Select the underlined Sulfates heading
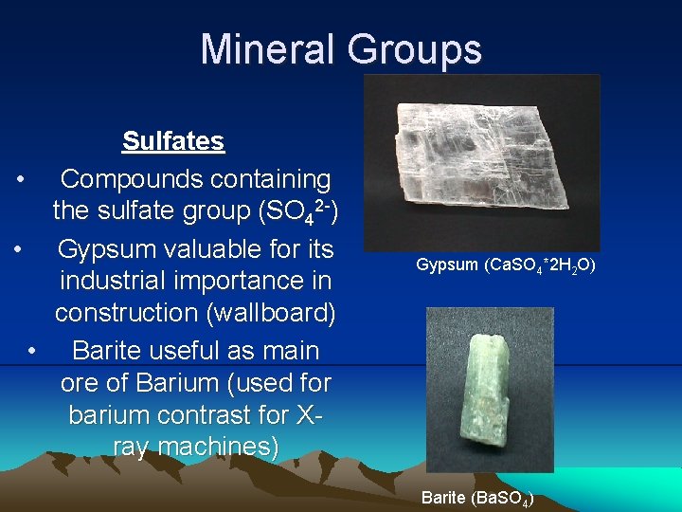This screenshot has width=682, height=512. click(173, 142)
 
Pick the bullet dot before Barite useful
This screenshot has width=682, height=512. click(33, 351)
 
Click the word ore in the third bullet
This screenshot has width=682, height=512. click(81, 384)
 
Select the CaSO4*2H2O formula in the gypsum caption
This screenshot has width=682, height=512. click(538, 265)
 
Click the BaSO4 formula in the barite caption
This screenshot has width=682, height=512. click(500, 498)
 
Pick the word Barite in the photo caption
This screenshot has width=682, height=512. click(443, 498)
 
